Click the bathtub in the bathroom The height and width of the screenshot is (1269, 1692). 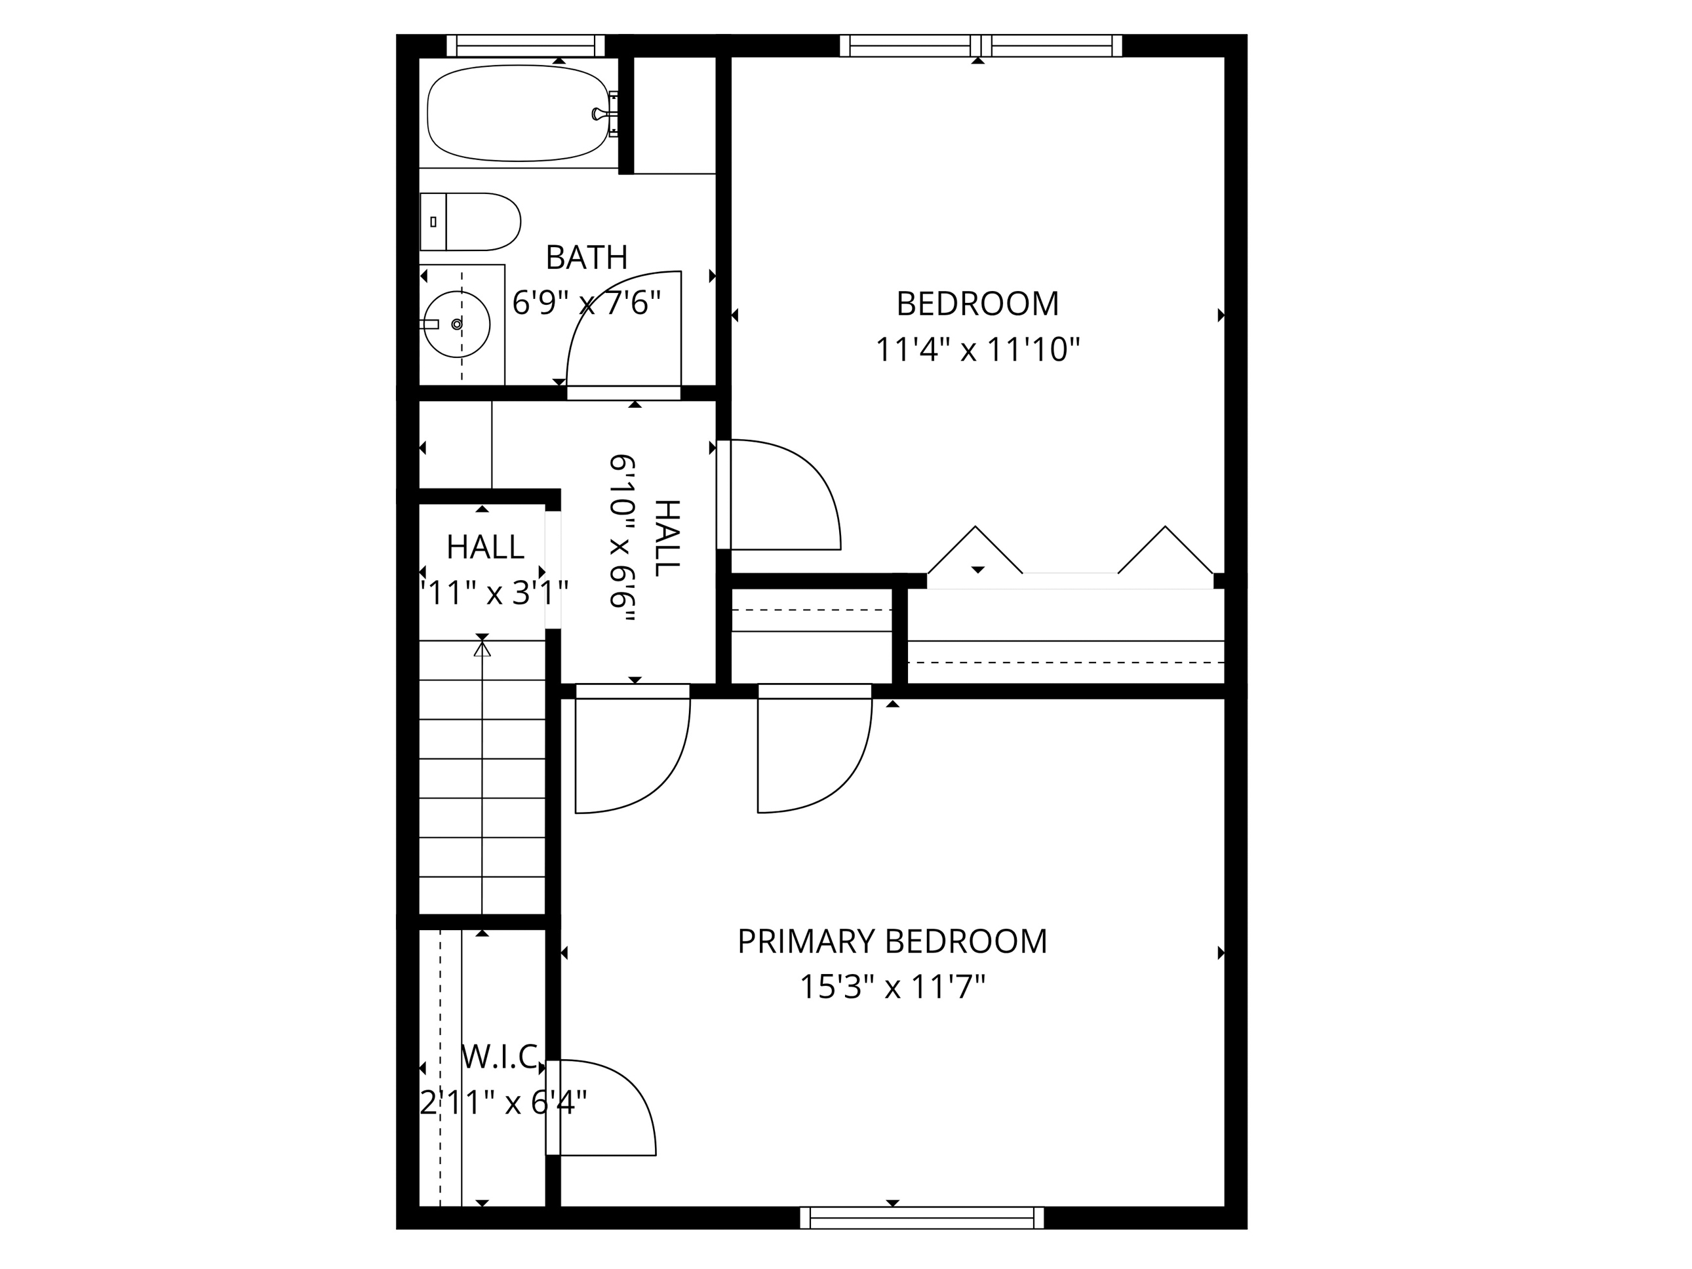pyautogui.click(x=519, y=113)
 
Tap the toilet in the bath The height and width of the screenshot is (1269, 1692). pyautogui.click(x=471, y=222)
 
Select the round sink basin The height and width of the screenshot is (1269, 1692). pyautogui.click(x=457, y=324)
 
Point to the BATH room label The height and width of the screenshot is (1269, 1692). pyautogui.click(x=587, y=258)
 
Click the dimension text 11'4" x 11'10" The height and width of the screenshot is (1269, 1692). pyautogui.click(x=977, y=350)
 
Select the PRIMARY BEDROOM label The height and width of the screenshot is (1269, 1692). pyautogui.click(x=892, y=942)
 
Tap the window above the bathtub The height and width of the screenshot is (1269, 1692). pyautogui.click(x=526, y=46)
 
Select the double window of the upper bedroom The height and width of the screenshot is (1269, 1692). pyautogui.click(x=981, y=46)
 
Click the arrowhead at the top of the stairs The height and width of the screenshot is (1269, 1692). pyautogui.click(x=482, y=649)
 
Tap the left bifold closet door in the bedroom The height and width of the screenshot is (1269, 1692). pyautogui.click(x=975, y=551)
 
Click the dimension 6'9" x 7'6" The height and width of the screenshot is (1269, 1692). pyautogui.click(x=587, y=303)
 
